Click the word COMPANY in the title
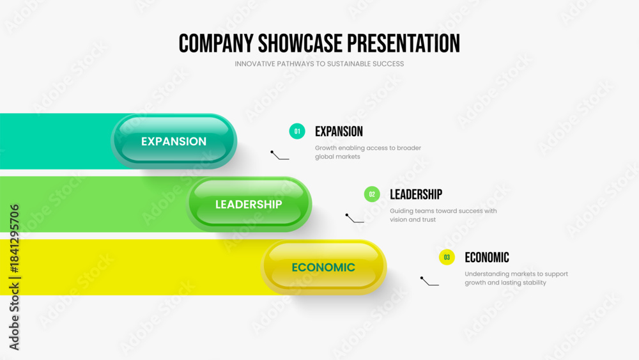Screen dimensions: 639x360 coord(215,43)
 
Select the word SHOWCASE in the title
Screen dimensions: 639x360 coord(300,43)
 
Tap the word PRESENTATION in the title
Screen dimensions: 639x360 coord(403,43)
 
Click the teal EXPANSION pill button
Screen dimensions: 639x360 coord(174,141)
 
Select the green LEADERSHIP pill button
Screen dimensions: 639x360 coord(249,204)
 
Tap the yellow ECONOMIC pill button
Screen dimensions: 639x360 coord(323,267)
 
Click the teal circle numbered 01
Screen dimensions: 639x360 coord(297,131)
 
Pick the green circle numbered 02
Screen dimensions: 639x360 coord(372,194)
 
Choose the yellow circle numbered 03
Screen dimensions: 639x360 coord(447,257)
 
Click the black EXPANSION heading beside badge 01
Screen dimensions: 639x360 coord(339,131)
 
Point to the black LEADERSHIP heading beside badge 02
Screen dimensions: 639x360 coord(416,194)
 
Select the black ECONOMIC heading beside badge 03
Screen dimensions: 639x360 coord(487,257)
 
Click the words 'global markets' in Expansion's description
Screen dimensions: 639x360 coord(337,157)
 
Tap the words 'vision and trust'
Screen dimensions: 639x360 coord(413,219)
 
